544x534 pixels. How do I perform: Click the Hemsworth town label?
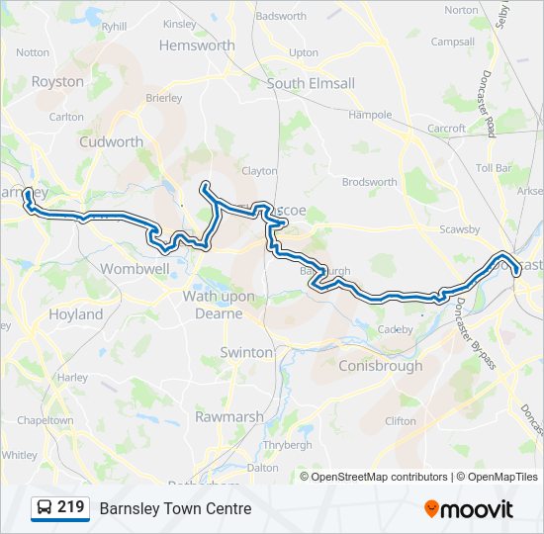pyautogui.click(x=197, y=45)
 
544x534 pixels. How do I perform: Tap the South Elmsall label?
pyautogui.click(x=310, y=84)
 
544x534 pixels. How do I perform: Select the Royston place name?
pyautogui.click(x=57, y=82)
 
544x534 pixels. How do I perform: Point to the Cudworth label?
pyautogui.click(x=111, y=141)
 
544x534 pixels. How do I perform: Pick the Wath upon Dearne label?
pyautogui.click(x=218, y=305)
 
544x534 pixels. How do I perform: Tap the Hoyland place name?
pyautogui.click(x=75, y=314)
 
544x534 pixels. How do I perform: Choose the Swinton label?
pyautogui.click(x=245, y=352)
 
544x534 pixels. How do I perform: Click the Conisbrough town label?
pyautogui.click(x=381, y=366)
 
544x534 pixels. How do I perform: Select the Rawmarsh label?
pyautogui.click(x=229, y=417)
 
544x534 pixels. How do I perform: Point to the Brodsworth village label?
pyautogui.click(x=369, y=182)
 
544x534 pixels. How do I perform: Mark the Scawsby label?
pyautogui.click(x=460, y=229)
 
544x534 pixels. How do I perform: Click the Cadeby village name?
pyautogui.click(x=395, y=329)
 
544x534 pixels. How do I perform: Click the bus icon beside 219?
pyautogui.click(x=45, y=508)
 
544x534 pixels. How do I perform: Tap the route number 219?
pyautogui.click(x=71, y=507)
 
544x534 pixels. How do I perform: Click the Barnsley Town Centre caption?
pyautogui.click(x=175, y=509)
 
